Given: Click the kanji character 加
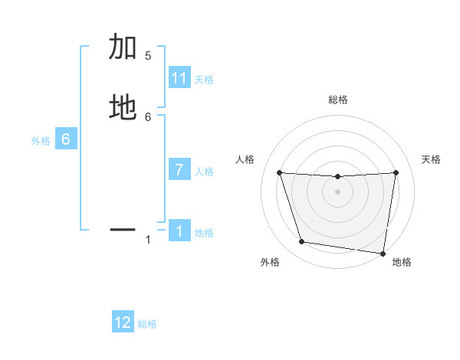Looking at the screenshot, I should click(x=123, y=47).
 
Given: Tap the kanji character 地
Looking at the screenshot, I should click(x=123, y=107).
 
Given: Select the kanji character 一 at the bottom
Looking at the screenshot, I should click(x=123, y=228).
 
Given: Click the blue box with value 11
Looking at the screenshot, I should click(x=179, y=78).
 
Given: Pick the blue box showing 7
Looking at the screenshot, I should click(x=179, y=170).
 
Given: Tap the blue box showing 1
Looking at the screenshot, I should click(x=179, y=231).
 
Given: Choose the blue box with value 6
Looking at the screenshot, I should click(x=66, y=139).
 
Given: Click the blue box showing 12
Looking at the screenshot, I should click(x=123, y=322).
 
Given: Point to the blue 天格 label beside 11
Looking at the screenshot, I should click(x=204, y=79).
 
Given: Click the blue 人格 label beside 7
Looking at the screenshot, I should click(x=204, y=171).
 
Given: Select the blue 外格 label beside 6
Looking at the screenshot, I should click(x=41, y=140).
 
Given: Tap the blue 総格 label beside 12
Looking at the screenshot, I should click(x=147, y=323).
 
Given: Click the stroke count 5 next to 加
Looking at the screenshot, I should click(x=148, y=55).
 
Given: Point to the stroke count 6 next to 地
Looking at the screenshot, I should click(x=148, y=116).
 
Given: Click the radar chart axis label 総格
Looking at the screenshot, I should click(x=338, y=100).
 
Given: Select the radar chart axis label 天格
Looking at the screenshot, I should click(x=432, y=159).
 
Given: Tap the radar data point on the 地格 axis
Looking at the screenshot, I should click(x=383, y=253).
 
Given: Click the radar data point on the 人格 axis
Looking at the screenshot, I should click(x=279, y=172).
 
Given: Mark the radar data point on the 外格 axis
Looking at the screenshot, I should click(x=301, y=242).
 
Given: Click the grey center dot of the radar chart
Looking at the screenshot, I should click(x=338, y=191).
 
